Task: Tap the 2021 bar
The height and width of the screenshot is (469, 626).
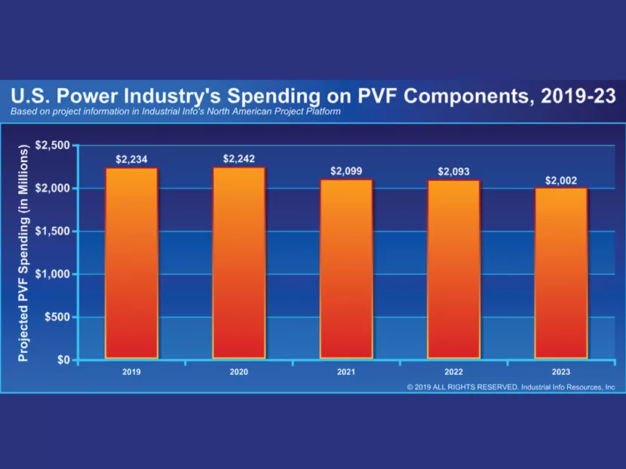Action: pyautogui.click(x=346, y=268)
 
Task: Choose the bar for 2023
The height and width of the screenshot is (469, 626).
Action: pyautogui.click(x=561, y=272)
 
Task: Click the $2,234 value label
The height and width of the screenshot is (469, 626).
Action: pyautogui.click(x=132, y=160)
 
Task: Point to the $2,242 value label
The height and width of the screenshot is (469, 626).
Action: pyautogui.click(x=239, y=158)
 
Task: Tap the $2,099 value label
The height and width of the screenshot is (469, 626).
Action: pyautogui.click(x=346, y=171)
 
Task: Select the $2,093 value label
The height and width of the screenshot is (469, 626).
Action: pyautogui.click(x=454, y=172)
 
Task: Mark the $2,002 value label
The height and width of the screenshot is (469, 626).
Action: pyautogui.click(x=561, y=180)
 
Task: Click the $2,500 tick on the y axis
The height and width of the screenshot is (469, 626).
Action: pyautogui.click(x=53, y=145)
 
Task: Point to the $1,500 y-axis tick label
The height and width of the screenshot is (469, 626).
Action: pyautogui.click(x=53, y=231)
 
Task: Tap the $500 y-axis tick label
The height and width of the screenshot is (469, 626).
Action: pyautogui.click(x=57, y=317)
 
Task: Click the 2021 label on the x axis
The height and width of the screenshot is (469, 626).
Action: pyautogui.click(x=346, y=372)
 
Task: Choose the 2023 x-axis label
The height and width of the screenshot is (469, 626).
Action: pyautogui.click(x=561, y=372)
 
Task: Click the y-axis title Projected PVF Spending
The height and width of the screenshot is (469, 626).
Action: pyautogui.click(x=23, y=253)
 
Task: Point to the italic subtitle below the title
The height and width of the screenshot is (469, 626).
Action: pyautogui.click(x=176, y=112)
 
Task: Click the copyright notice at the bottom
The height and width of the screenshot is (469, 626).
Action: pyautogui.click(x=511, y=387)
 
